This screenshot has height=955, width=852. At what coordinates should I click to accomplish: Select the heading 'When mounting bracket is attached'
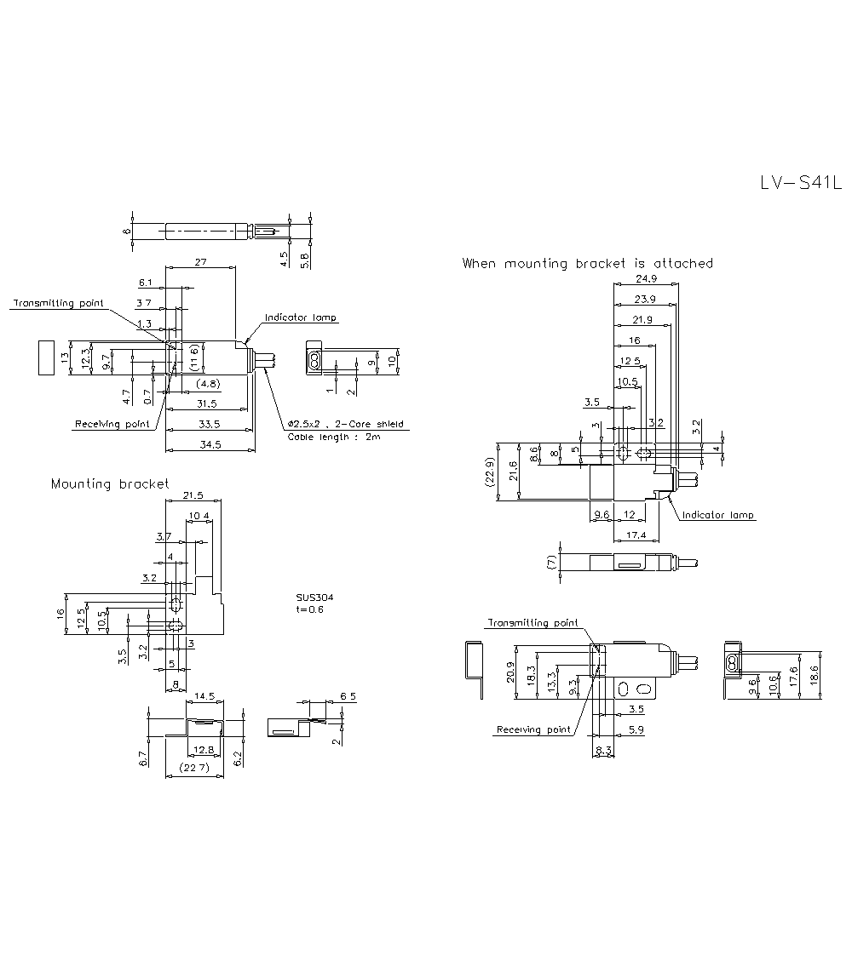pos(587,264)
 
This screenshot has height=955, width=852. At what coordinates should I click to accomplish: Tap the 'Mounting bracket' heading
pos(110,484)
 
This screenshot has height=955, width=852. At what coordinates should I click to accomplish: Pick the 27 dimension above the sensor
pos(200,264)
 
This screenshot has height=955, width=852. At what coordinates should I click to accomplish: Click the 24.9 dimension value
pos(645,279)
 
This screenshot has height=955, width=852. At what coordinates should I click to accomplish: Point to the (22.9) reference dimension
pos(489,472)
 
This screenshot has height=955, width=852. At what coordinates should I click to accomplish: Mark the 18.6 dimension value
pos(815,676)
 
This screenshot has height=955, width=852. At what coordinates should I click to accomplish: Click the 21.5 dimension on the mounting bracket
pos(193,495)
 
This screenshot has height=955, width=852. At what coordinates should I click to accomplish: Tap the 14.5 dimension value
pos(205,696)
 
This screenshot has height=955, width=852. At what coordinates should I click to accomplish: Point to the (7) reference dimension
pos(552,562)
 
